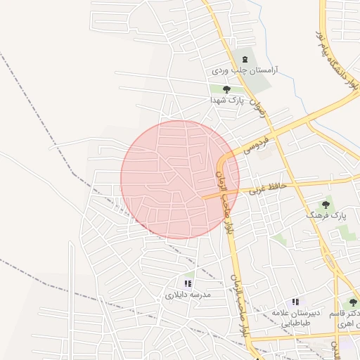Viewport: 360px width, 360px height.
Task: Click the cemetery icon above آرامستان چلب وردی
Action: click(x=245, y=59)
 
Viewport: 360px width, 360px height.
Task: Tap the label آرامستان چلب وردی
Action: click(x=245, y=71)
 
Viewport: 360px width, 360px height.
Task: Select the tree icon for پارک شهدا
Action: click(x=226, y=89)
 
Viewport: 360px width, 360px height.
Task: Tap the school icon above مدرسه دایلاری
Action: click(x=188, y=283)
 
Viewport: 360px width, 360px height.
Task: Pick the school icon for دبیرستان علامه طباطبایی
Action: click(x=295, y=301)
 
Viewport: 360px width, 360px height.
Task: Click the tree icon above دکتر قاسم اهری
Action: click(x=353, y=302)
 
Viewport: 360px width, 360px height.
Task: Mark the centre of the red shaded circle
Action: click(x=180, y=179)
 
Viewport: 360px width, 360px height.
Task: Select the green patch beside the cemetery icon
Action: click(x=258, y=76)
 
